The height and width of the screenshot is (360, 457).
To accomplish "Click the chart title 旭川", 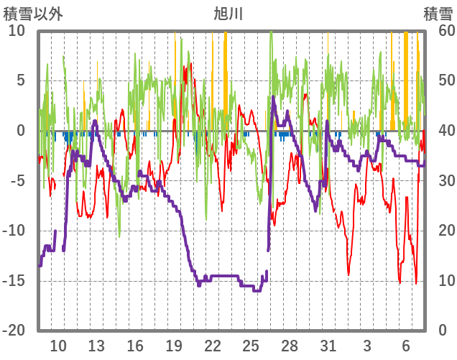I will tap(228, 14).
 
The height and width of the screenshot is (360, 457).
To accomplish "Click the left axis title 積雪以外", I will tap(33, 14).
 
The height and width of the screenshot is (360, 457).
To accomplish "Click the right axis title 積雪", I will tap(438, 14).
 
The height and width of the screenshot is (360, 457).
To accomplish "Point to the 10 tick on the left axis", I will tap(17, 31).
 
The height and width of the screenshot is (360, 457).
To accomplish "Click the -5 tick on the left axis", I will tap(17, 180).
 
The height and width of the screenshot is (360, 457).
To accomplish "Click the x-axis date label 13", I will tap(96, 345).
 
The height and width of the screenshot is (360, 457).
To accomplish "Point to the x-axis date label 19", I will tap(174, 345).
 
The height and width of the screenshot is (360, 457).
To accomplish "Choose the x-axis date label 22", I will tap(212, 345).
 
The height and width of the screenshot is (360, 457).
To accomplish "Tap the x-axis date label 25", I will tap(251, 345).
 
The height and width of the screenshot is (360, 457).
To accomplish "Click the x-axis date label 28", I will tap(290, 345).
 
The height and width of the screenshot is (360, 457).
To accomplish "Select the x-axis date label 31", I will tap(328, 345).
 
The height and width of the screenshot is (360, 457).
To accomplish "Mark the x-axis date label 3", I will tap(367, 345).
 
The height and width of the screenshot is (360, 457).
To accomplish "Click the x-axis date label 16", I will tap(135, 345).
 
